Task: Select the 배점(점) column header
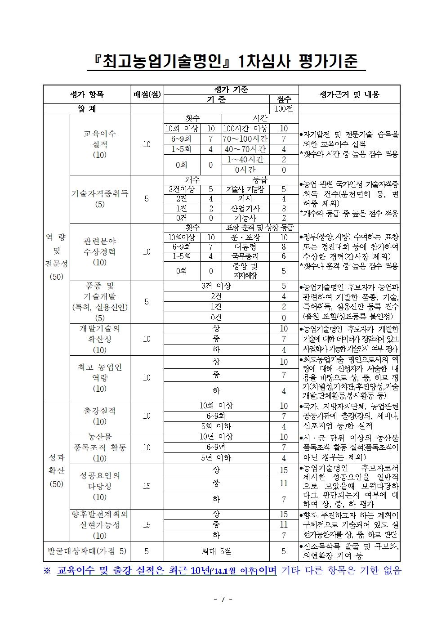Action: click(147, 94)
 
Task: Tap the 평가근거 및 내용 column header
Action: click(349, 94)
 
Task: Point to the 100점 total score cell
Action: click(284, 109)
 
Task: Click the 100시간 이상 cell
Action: click(245, 129)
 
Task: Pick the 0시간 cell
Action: click(245, 170)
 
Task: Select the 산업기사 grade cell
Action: click(245, 208)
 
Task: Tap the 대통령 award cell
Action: click(245, 247)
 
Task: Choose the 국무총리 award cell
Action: click(245, 256)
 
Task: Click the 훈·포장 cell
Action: click(245, 237)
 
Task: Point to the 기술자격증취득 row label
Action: click(100, 193)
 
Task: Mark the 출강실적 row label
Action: click(100, 411)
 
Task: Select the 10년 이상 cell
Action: click(216, 437)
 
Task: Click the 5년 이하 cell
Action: click(216, 458)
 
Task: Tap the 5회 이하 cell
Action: click(216, 426)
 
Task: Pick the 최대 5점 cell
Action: click(216, 551)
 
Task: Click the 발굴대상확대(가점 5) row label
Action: click(87, 551)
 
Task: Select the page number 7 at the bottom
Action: click(223, 599)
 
